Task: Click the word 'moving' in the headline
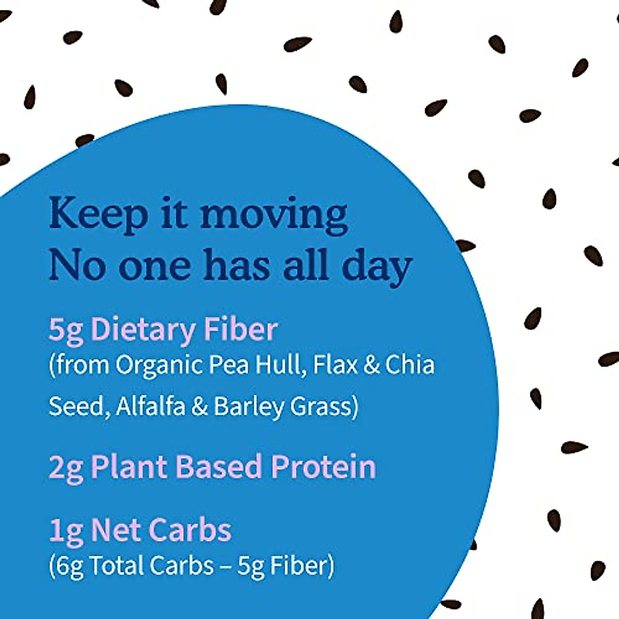(x=273, y=216)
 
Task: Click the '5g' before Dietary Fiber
(x=66, y=330)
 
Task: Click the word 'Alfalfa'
(x=150, y=406)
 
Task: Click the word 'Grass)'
(x=324, y=407)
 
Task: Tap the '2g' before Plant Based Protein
(x=66, y=467)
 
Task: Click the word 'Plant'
(x=130, y=466)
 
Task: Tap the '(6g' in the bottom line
(x=66, y=566)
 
